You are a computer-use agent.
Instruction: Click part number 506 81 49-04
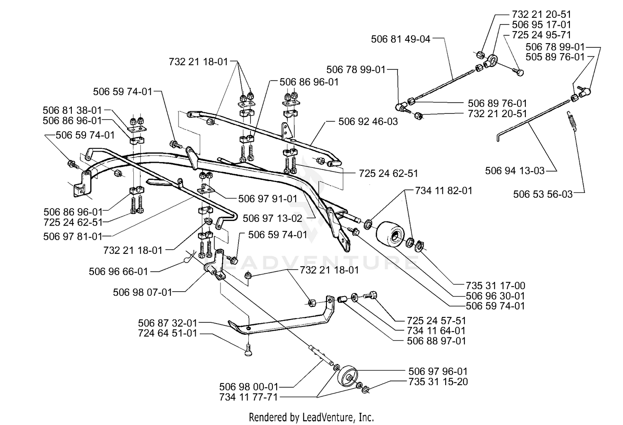[400, 39]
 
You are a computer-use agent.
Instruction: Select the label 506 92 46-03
[368, 122]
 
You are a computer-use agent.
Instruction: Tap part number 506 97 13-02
[272, 219]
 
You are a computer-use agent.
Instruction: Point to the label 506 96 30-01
[495, 296]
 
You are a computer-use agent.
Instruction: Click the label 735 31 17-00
[495, 286]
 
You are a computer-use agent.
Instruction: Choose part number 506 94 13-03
[515, 170]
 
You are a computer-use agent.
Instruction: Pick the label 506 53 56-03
[543, 194]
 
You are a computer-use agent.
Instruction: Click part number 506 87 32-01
[168, 323]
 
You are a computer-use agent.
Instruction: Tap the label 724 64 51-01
[168, 333]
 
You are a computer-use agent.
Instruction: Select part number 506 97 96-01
[438, 371]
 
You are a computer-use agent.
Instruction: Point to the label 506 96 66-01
[118, 271]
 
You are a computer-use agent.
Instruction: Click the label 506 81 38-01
[72, 111]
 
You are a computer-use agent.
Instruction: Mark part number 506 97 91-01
[268, 199]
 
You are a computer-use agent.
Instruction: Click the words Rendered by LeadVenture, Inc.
[311, 417]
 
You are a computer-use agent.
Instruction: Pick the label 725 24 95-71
[541, 35]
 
